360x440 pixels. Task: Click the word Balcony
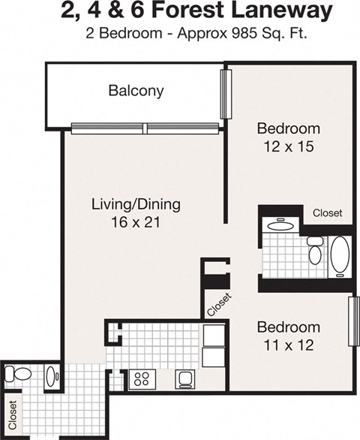click(136, 92)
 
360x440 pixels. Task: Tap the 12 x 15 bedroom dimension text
click(288, 146)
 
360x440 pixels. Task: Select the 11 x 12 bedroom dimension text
click(288, 345)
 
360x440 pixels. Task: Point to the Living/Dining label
click(136, 204)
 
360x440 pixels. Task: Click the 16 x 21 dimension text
click(136, 222)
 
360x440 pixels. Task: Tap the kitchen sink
click(185, 378)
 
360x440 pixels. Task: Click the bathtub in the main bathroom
click(340, 255)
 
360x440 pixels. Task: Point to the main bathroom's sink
click(280, 225)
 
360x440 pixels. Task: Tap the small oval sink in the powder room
click(50, 375)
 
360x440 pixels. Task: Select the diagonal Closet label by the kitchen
click(219, 305)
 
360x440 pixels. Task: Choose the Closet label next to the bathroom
click(327, 213)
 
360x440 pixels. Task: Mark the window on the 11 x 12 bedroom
click(353, 321)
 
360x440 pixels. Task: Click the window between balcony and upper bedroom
click(223, 95)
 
